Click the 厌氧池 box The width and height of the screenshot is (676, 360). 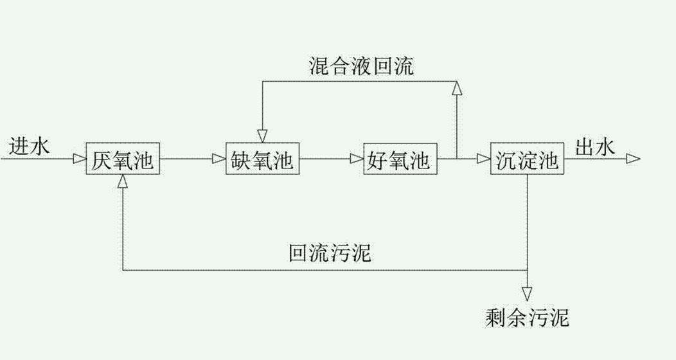point(123,159)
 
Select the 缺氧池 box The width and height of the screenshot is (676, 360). point(262,159)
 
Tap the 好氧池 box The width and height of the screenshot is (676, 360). point(400,159)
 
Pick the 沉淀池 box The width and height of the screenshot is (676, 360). point(527,159)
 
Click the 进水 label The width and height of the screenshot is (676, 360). point(29,147)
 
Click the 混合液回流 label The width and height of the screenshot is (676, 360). point(362,66)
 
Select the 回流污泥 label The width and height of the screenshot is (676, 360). point(330,253)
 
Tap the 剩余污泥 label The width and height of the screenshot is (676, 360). point(528,317)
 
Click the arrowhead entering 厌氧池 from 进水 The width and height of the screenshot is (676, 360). point(80,159)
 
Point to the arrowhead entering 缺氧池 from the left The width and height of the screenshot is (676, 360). point(219,159)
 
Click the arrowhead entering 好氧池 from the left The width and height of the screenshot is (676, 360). point(357,159)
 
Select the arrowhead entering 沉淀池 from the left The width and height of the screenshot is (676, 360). point(483,159)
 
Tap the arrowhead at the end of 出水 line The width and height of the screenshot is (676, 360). point(633,159)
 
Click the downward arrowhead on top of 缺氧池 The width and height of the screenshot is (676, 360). point(262,136)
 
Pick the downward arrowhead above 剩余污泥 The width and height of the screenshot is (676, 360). point(528,294)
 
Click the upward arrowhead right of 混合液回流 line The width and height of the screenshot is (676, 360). point(456,88)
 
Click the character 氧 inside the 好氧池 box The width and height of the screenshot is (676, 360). point(400,159)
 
